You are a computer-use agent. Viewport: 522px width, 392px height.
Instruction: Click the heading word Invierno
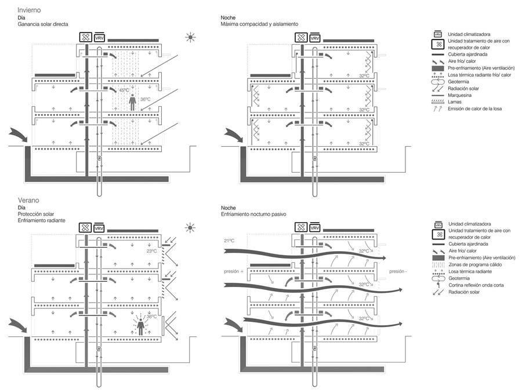pos(30,10)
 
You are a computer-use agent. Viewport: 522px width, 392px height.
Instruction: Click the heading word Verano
pos(28,200)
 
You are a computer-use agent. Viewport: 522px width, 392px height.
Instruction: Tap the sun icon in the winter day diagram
pos(190,37)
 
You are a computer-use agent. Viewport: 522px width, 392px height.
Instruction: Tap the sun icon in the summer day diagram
pos(190,228)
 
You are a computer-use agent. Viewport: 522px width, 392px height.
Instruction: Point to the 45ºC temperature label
pos(124,90)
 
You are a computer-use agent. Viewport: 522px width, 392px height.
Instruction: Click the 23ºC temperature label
pos(151,251)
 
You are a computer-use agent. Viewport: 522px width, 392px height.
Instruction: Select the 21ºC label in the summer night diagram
pos(229,241)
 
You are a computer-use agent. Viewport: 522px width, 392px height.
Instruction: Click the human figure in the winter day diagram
pos(132,102)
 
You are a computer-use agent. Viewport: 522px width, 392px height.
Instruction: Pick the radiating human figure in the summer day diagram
pos(141,325)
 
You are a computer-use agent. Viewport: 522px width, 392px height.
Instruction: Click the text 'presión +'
pos(234,271)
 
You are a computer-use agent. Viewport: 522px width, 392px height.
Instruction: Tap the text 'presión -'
pos(398,271)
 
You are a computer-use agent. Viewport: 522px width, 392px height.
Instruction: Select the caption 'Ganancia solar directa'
pos(43,24)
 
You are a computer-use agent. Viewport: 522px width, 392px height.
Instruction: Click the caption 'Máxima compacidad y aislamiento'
pos(259,24)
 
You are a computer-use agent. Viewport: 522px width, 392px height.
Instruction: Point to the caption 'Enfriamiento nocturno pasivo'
pos(253,215)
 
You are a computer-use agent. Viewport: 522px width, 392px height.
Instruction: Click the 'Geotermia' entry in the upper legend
pos(458,82)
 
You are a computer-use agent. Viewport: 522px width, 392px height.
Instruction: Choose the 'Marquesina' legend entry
pos(460,95)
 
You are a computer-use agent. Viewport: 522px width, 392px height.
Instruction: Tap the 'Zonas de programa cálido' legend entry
pos(475,264)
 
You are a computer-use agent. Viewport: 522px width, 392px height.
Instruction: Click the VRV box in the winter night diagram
pos(314,38)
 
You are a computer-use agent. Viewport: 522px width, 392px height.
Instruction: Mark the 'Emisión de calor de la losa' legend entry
pos(474,109)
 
